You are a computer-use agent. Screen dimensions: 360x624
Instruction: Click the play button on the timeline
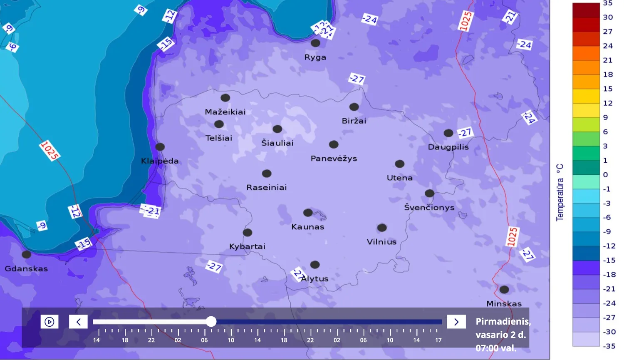click(50, 322)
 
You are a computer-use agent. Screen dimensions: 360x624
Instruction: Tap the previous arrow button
click(78, 322)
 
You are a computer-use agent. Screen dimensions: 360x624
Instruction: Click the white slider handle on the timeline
click(211, 321)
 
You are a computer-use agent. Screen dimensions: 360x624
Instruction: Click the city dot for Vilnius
click(382, 228)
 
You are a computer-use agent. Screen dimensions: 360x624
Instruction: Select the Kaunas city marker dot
click(308, 213)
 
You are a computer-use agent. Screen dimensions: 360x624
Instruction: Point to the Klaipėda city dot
click(160, 147)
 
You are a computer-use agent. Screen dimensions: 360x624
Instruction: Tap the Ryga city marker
click(315, 43)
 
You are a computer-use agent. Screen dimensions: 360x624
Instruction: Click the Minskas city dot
click(504, 289)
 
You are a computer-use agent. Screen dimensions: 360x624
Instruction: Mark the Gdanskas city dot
click(26, 254)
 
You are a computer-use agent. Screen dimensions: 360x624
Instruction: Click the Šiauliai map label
click(277, 143)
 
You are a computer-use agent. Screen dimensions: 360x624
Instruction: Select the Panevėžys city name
click(334, 159)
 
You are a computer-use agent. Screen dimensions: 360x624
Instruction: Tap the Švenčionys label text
click(429, 207)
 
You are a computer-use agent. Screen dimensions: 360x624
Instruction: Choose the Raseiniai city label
click(267, 187)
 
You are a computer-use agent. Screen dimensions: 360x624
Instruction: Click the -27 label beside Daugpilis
click(465, 133)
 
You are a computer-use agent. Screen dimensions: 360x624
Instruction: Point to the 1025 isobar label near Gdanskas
click(50, 151)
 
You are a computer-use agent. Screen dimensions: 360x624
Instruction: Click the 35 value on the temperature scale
click(608, 3)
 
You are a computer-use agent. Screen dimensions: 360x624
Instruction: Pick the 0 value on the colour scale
click(605, 175)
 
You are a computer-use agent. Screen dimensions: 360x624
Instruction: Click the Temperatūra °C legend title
click(560, 192)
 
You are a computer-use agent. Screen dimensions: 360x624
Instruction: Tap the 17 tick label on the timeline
click(438, 340)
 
